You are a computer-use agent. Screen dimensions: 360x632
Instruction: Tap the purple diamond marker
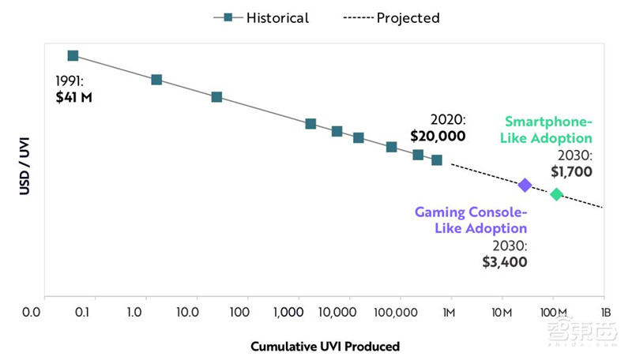(525, 185)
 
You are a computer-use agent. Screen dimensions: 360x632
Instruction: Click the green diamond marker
(556, 194)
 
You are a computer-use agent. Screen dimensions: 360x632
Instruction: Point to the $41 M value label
(73, 98)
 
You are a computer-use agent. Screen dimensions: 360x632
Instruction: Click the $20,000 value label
(438, 136)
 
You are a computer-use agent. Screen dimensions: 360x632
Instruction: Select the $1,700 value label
(572, 171)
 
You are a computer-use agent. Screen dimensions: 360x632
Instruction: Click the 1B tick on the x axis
(606, 312)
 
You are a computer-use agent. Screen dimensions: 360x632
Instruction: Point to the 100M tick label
(553, 312)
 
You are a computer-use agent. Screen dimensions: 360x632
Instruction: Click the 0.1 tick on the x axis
(82, 312)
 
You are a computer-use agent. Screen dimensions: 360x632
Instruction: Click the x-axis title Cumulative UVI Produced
(325, 346)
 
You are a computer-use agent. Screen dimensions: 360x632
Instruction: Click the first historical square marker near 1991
(73, 55)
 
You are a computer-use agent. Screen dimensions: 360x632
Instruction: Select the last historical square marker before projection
(437, 160)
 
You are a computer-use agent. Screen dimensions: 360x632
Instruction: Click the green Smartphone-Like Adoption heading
(548, 130)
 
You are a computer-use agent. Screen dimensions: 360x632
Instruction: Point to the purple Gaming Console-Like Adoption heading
(471, 220)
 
